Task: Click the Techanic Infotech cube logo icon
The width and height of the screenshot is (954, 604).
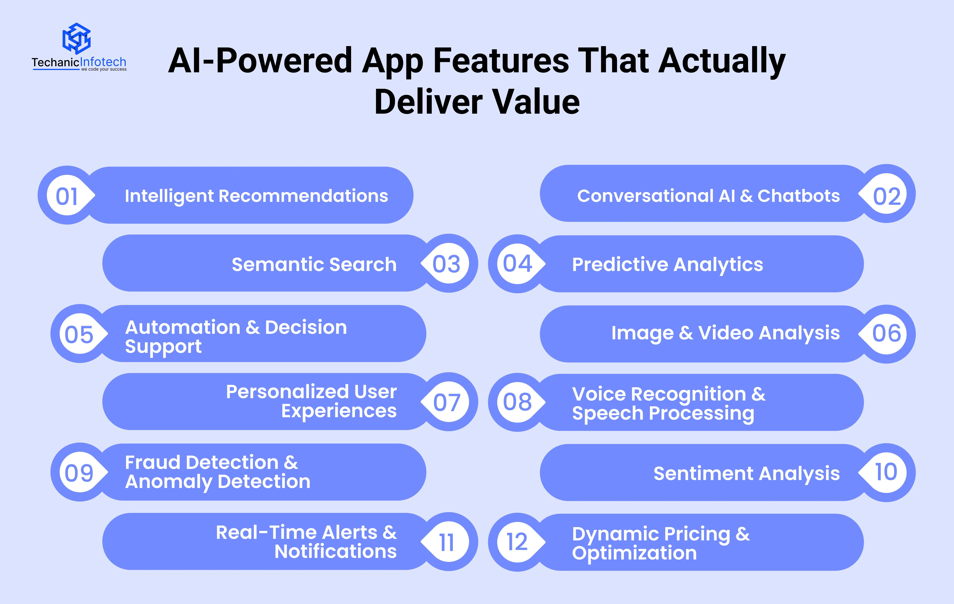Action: coord(77,38)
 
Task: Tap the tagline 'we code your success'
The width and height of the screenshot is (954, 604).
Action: coord(104,69)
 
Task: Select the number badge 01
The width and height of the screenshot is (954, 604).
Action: coord(67,195)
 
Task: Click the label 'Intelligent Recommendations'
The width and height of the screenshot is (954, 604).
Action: coord(256,196)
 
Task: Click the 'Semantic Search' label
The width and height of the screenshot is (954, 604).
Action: coord(314,264)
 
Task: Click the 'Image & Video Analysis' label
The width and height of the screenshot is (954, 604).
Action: coord(725,333)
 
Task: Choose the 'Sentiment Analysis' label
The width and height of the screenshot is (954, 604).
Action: coord(746,474)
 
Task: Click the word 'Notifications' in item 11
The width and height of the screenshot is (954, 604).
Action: coord(336,551)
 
